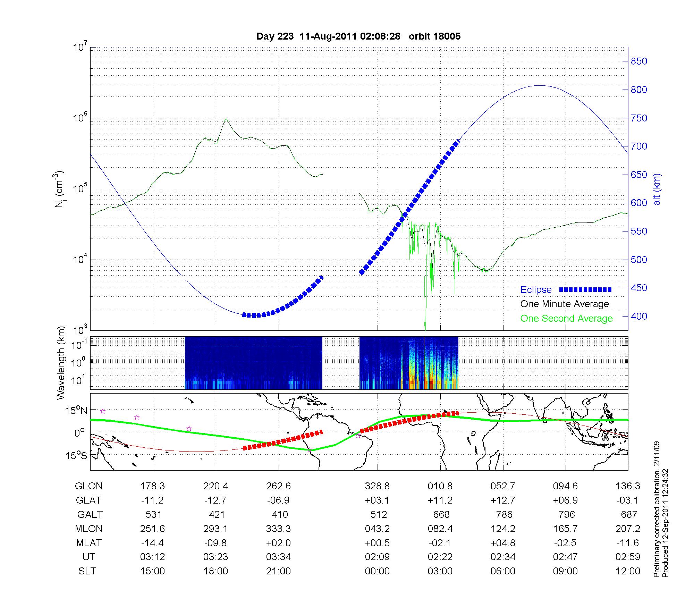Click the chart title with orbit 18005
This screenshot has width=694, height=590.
coord(358,36)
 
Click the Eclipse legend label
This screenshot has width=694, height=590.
coord(536,290)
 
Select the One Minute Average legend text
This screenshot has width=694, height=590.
coord(565,304)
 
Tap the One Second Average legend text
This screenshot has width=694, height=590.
coord(566,319)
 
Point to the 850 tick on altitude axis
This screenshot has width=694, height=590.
coord(639,61)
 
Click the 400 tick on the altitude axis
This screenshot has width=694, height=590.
coord(639,317)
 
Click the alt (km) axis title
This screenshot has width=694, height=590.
coord(657,189)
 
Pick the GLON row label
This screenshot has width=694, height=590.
coord(88,486)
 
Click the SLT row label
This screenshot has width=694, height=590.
coord(87,571)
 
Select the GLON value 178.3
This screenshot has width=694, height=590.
coord(152,486)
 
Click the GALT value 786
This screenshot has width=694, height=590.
coord(504,514)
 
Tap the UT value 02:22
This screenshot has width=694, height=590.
coord(440,557)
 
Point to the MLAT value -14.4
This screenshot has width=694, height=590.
coord(152,543)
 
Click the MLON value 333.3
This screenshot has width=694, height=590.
coord(278,529)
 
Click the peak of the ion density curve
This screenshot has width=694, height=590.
coord(226,120)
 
